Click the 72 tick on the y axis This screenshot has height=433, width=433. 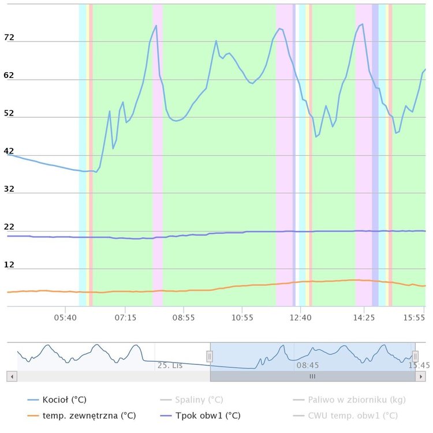tap(9, 38)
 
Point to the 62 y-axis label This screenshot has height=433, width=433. tap(9, 75)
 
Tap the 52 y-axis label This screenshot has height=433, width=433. tap(9, 113)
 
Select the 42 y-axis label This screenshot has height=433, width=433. tap(9, 151)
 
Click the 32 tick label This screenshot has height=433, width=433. tap(9, 189)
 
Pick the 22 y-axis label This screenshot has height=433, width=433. tap(9, 227)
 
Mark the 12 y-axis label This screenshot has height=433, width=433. tap(9, 265)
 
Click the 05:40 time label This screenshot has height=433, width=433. tap(66, 318)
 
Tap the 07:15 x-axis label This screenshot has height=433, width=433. tap(125, 318)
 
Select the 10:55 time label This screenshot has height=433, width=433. tap(242, 318)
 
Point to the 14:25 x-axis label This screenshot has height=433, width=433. tap(364, 318)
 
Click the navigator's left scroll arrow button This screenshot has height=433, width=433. tap(12, 376)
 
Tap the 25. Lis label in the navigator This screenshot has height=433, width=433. tap(170, 365)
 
